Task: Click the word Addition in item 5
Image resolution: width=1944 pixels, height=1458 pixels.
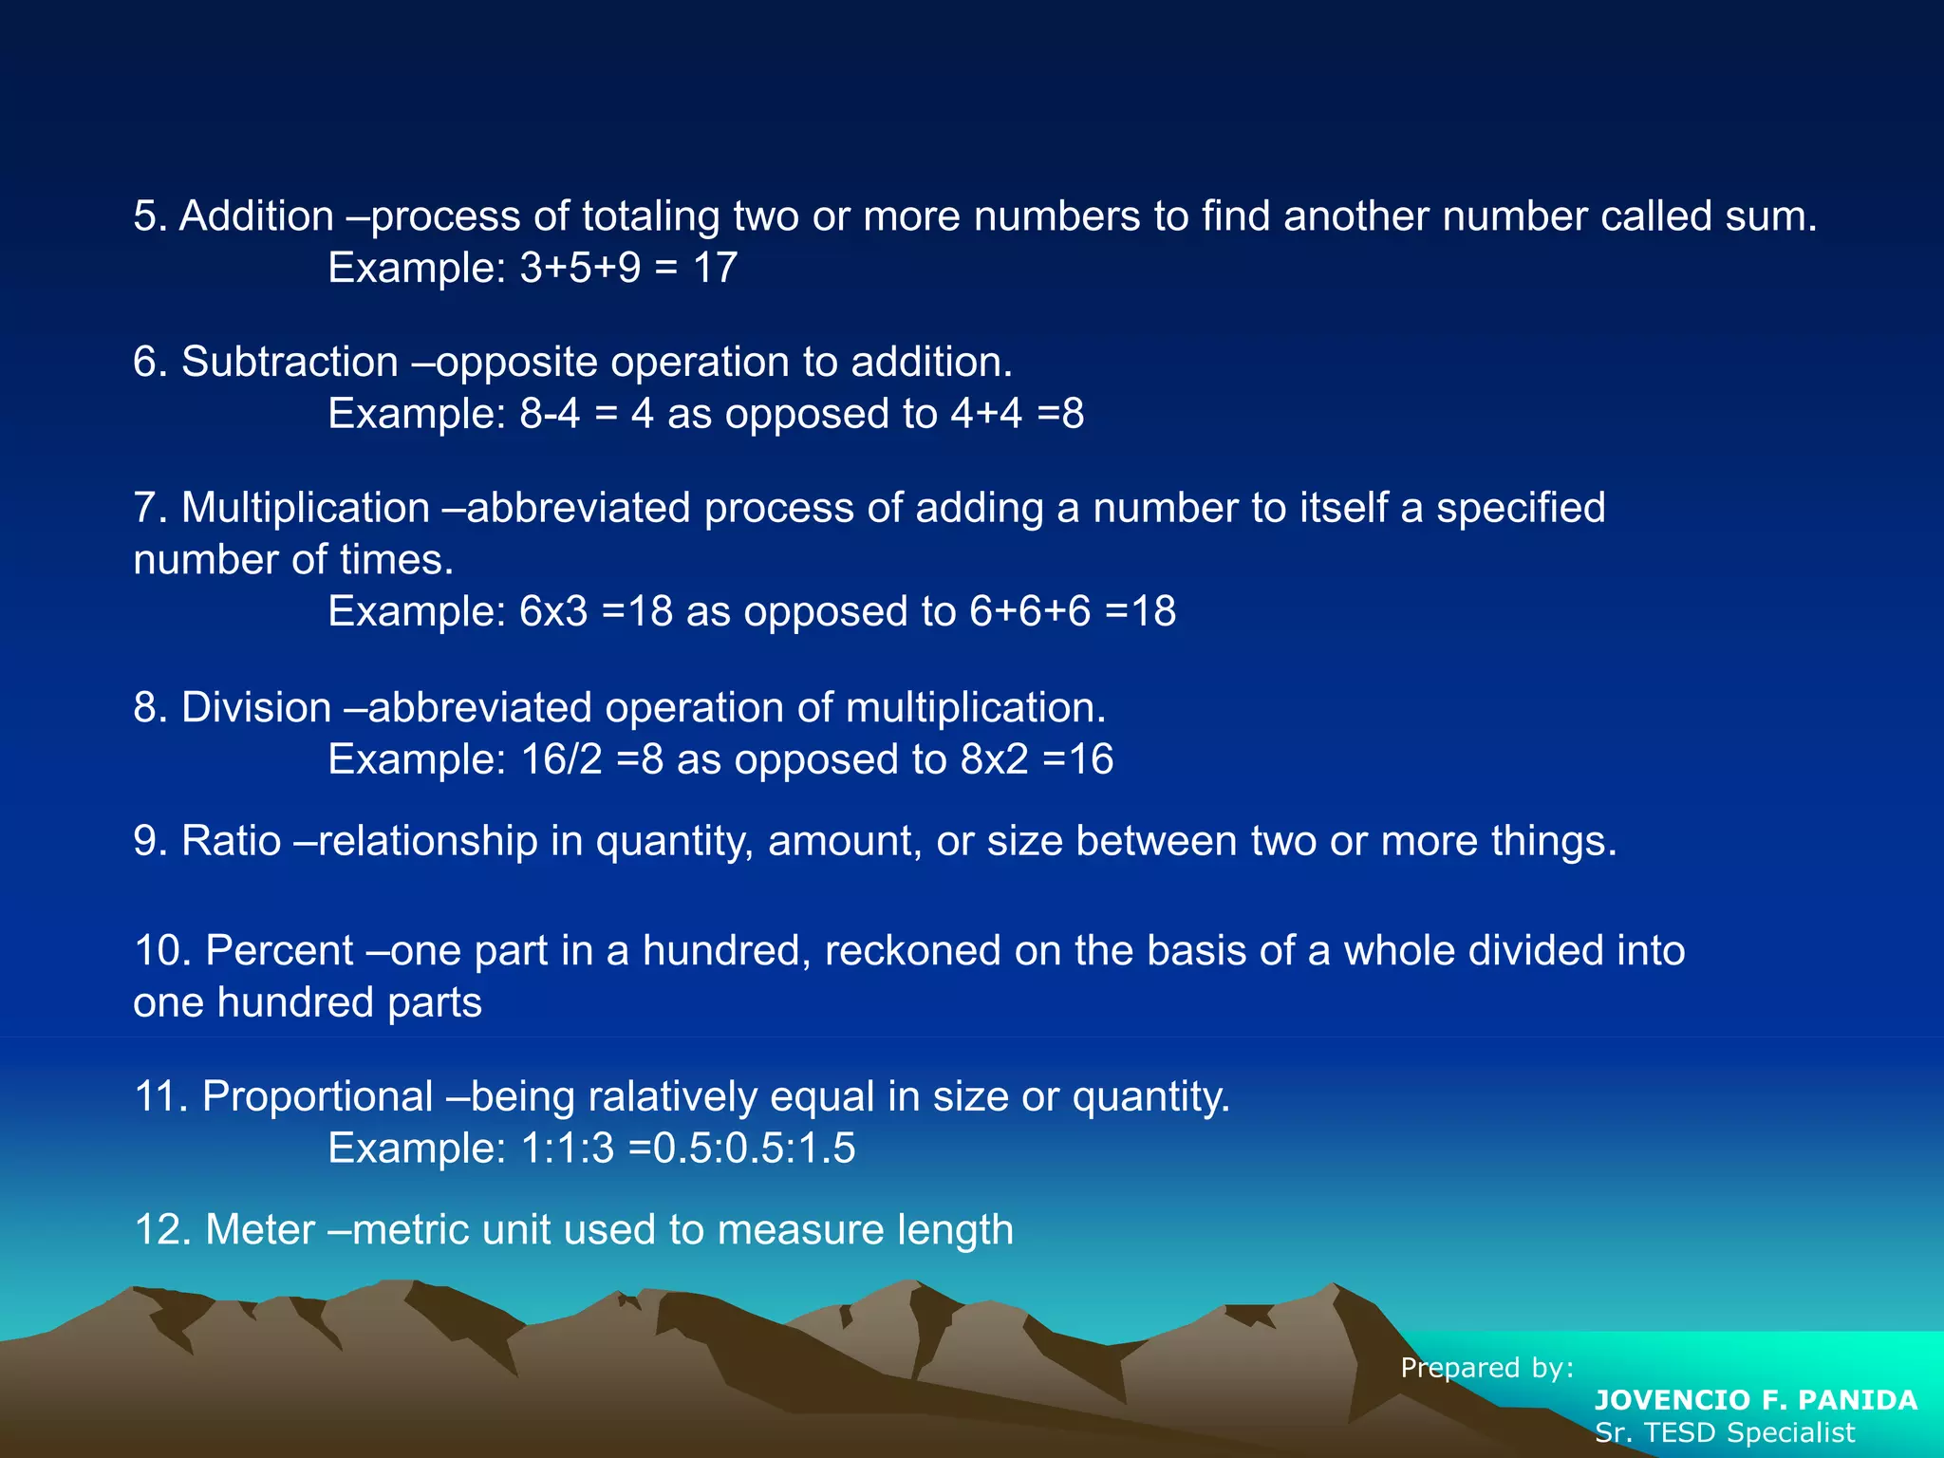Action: tap(256, 216)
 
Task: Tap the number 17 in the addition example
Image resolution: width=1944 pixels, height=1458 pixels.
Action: tap(715, 268)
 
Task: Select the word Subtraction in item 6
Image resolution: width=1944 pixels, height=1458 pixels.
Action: tap(290, 363)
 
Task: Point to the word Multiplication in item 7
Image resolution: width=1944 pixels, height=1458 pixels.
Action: tap(306, 508)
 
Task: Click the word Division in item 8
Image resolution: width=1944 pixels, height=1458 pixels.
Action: tap(256, 708)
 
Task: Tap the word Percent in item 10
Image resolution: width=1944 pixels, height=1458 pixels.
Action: tap(279, 951)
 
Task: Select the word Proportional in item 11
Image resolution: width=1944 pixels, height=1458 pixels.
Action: tap(318, 1097)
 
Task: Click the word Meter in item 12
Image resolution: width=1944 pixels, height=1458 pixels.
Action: tap(260, 1230)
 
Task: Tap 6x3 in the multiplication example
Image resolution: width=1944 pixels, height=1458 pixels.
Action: tap(553, 611)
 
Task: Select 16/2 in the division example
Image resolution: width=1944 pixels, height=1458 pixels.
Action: tap(561, 759)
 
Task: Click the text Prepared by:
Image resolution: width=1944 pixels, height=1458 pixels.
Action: tap(1487, 1368)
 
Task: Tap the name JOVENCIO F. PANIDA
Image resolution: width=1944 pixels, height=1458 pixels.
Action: tap(1756, 1400)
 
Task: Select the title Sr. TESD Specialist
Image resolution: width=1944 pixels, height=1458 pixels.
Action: tap(1725, 1432)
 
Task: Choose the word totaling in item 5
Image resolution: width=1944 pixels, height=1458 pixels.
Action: tap(650, 216)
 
